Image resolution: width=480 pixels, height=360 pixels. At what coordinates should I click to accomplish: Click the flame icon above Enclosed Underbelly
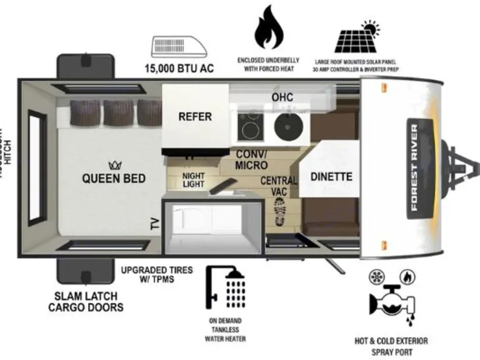click(267, 28)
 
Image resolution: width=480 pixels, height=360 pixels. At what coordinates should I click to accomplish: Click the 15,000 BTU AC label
click(179, 68)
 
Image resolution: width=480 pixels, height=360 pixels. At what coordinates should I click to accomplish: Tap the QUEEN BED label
click(114, 179)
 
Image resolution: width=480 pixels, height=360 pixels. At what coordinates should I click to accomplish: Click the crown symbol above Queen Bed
click(114, 165)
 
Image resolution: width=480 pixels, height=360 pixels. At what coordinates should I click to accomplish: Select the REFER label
click(195, 117)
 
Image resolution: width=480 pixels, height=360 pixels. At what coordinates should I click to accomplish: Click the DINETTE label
click(331, 177)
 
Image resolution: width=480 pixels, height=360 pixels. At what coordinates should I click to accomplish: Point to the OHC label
click(282, 97)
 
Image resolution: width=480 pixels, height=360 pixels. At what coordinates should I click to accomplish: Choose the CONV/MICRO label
click(251, 160)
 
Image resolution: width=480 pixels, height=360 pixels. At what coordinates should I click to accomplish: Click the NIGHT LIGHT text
click(193, 180)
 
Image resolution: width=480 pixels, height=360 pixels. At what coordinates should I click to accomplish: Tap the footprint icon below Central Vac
click(279, 212)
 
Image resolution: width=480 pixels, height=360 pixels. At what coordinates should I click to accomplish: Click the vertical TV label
click(154, 223)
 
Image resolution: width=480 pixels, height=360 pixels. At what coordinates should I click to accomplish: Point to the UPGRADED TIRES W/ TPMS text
click(156, 274)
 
